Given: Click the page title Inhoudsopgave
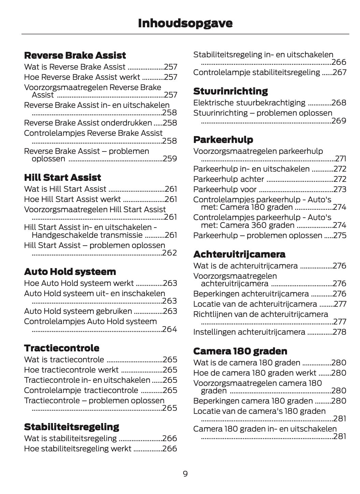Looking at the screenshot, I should pyautogui.click(x=185, y=23).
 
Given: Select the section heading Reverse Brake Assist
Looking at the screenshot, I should pyautogui.click(x=75, y=55).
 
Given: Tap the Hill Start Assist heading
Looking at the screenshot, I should pyautogui.click(x=62, y=177).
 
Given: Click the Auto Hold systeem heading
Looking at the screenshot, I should pyautogui.click(x=70, y=272).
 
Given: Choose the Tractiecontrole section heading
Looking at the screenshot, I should pyautogui.click(x=61, y=348).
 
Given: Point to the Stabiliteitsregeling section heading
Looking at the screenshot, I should pyautogui.click(x=71, y=427).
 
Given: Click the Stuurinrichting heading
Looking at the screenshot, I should pyautogui.click(x=230, y=91).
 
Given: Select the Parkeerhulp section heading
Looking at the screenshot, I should pyautogui.click(x=223, y=140).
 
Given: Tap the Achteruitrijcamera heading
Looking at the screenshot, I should pyautogui.click(x=239, y=254).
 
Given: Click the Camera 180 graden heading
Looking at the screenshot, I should pyautogui.click(x=240, y=351).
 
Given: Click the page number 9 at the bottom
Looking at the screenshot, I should pyautogui.click(x=185, y=474).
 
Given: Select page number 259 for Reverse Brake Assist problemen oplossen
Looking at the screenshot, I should pyautogui.click(x=170, y=159).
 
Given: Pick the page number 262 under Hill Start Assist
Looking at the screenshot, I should pyautogui.click(x=170, y=253).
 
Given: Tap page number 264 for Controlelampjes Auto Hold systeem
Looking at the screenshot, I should pyautogui.click(x=170, y=329).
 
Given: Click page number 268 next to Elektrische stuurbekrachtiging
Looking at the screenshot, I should pyautogui.click(x=339, y=103).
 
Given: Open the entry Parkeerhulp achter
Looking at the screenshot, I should pyautogui.click(x=228, y=179).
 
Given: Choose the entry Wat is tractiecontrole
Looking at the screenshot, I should pyautogui.click(x=64, y=360).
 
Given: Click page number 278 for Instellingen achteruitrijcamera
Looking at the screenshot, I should pyautogui.click(x=339, y=332).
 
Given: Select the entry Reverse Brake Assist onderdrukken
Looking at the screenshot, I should pyautogui.click(x=88, y=123).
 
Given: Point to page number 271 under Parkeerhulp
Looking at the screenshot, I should pyautogui.click(x=341, y=159).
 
